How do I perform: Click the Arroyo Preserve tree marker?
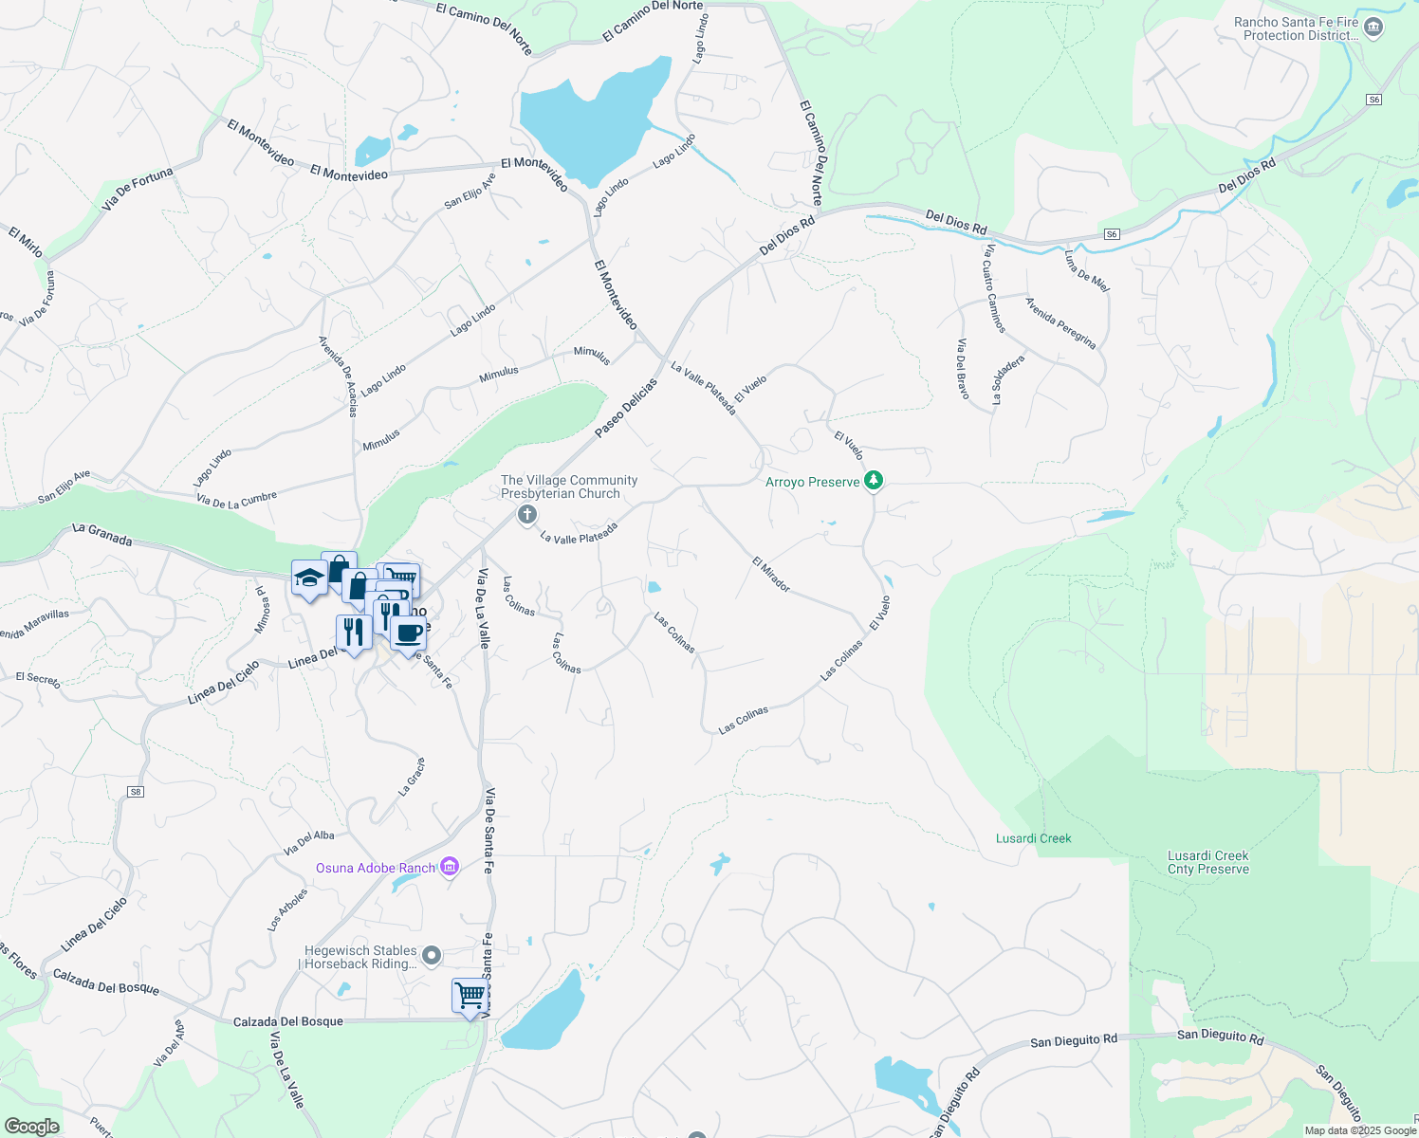[874, 481]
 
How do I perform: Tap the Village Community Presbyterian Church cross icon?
[527, 515]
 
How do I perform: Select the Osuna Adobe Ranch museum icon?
[451, 867]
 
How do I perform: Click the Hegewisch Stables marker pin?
[432, 955]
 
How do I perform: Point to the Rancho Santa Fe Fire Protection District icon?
[1373, 28]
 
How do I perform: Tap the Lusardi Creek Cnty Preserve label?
[1207, 862]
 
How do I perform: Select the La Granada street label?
[102, 535]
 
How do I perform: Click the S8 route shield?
[136, 792]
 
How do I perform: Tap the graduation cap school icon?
[309, 578]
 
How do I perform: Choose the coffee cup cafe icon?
[409, 633]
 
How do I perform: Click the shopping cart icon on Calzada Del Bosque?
[470, 996]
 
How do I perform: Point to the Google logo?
[31, 1127]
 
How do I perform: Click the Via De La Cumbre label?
[236, 499]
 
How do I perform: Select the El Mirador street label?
[771, 575]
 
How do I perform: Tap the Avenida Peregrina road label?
[1060, 323]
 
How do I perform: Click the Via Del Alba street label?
[309, 842]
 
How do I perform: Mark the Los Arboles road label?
[287, 909]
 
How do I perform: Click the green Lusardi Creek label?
[1033, 838]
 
